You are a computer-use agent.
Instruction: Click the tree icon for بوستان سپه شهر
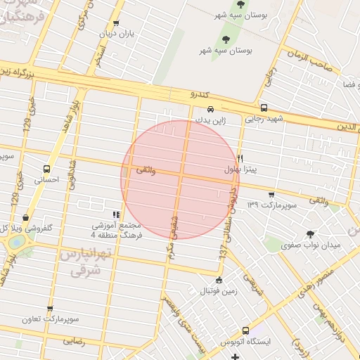226,39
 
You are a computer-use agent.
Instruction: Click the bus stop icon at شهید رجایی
264,108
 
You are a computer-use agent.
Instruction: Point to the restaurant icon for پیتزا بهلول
240,158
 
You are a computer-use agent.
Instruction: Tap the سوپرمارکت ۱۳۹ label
272,205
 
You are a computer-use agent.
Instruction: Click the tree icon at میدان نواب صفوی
310,234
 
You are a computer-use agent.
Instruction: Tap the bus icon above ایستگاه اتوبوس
245,330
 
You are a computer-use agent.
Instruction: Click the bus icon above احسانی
46,169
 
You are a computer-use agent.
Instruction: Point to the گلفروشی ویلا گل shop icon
26,218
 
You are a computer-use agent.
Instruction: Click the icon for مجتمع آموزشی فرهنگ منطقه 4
116,214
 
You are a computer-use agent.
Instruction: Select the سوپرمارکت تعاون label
50,320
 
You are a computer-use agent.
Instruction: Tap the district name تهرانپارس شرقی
79,260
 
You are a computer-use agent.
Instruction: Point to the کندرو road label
200,94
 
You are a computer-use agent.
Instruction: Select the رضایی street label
74,340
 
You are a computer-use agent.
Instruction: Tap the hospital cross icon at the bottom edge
236,357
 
